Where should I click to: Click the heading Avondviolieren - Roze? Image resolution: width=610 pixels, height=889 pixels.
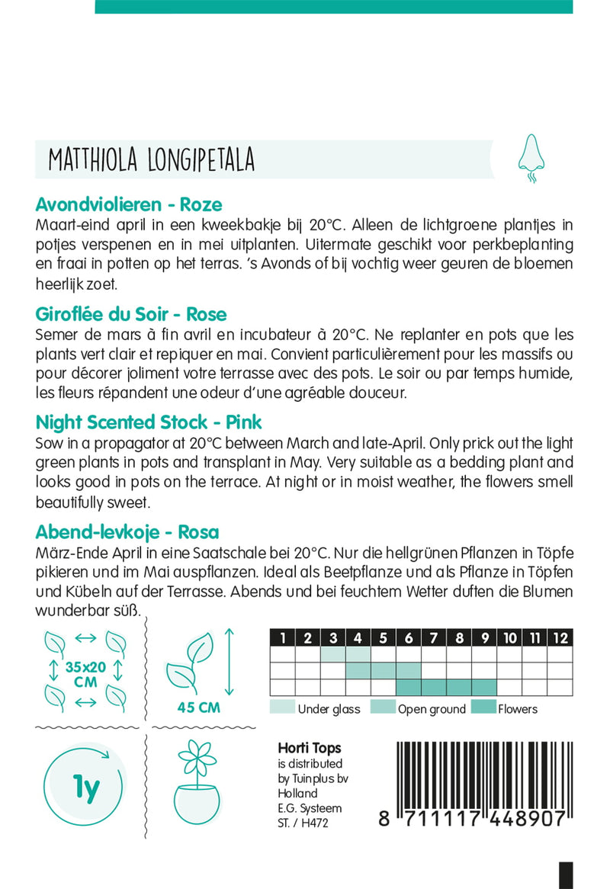click(x=129, y=204)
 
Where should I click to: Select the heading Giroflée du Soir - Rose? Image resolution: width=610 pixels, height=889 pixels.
click(x=130, y=314)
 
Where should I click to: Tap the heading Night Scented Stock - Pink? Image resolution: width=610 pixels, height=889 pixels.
click(x=149, y=422)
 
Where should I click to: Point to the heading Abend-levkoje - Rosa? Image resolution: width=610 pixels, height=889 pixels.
click(x=127, y=532)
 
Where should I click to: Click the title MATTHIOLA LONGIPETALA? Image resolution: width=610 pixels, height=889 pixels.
click(x=151, y=160)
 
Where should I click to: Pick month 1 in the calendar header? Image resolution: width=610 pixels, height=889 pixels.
click(x=283, y=638)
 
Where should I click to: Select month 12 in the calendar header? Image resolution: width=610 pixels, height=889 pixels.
click(x=560, y=638)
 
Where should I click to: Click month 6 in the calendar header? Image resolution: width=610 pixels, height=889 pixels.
click(x=409, y=638)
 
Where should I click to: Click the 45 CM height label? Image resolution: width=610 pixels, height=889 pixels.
click(x=198, y=708)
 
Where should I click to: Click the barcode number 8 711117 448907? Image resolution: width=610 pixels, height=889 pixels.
click(x=471, y=820)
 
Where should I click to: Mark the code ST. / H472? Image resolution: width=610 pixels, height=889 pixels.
click(x=304, y=822)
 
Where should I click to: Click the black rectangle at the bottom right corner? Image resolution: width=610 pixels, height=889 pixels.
click(x=566, y=875)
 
